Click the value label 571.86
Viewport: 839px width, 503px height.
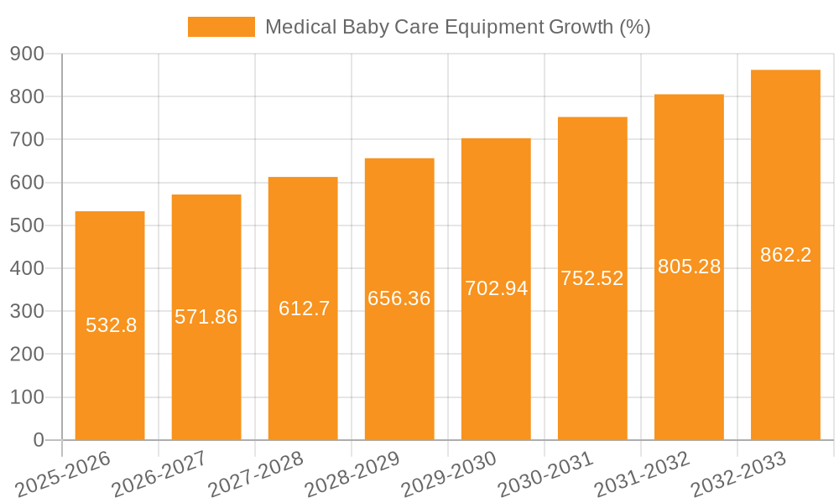coord(206,317)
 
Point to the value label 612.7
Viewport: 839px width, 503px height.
coord(304,309)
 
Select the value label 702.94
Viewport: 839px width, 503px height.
coord(496,288)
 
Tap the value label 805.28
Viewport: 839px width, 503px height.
coord(689,267)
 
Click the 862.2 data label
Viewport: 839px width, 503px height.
coord(785,255)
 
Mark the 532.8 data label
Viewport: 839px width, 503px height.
coord(111,325)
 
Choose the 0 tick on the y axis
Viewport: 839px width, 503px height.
coord(38,440)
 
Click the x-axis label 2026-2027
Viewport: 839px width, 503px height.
coord(160,474)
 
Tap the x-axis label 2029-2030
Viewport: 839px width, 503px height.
coord(450,474)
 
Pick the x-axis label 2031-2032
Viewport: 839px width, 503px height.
coord(643,474)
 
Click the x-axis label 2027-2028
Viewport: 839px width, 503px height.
coord(257,474)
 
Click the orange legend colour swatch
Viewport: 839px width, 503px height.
coord(221,27)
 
